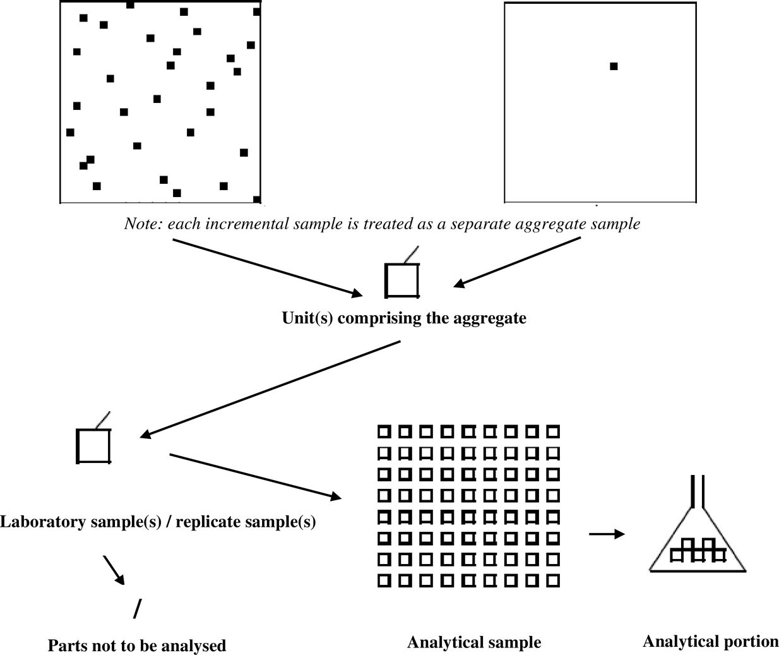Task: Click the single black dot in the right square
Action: pos(614,66)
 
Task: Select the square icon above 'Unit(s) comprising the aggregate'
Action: pos(402,280)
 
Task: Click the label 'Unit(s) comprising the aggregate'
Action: pos(404,318)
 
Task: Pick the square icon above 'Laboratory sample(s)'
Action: pos(94,446)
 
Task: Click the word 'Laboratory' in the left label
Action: pos(43,522)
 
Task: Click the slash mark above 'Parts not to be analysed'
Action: pos(138,609)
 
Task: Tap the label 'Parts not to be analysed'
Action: pos(137,646)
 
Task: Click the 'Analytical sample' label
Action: pos(474,642)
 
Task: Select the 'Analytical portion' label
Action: pos(710,642)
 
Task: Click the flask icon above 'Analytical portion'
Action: pos(698,543)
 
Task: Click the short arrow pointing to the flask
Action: pos(606,534)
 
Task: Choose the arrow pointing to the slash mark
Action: pos(114,570)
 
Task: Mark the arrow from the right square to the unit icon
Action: pos(518,262)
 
